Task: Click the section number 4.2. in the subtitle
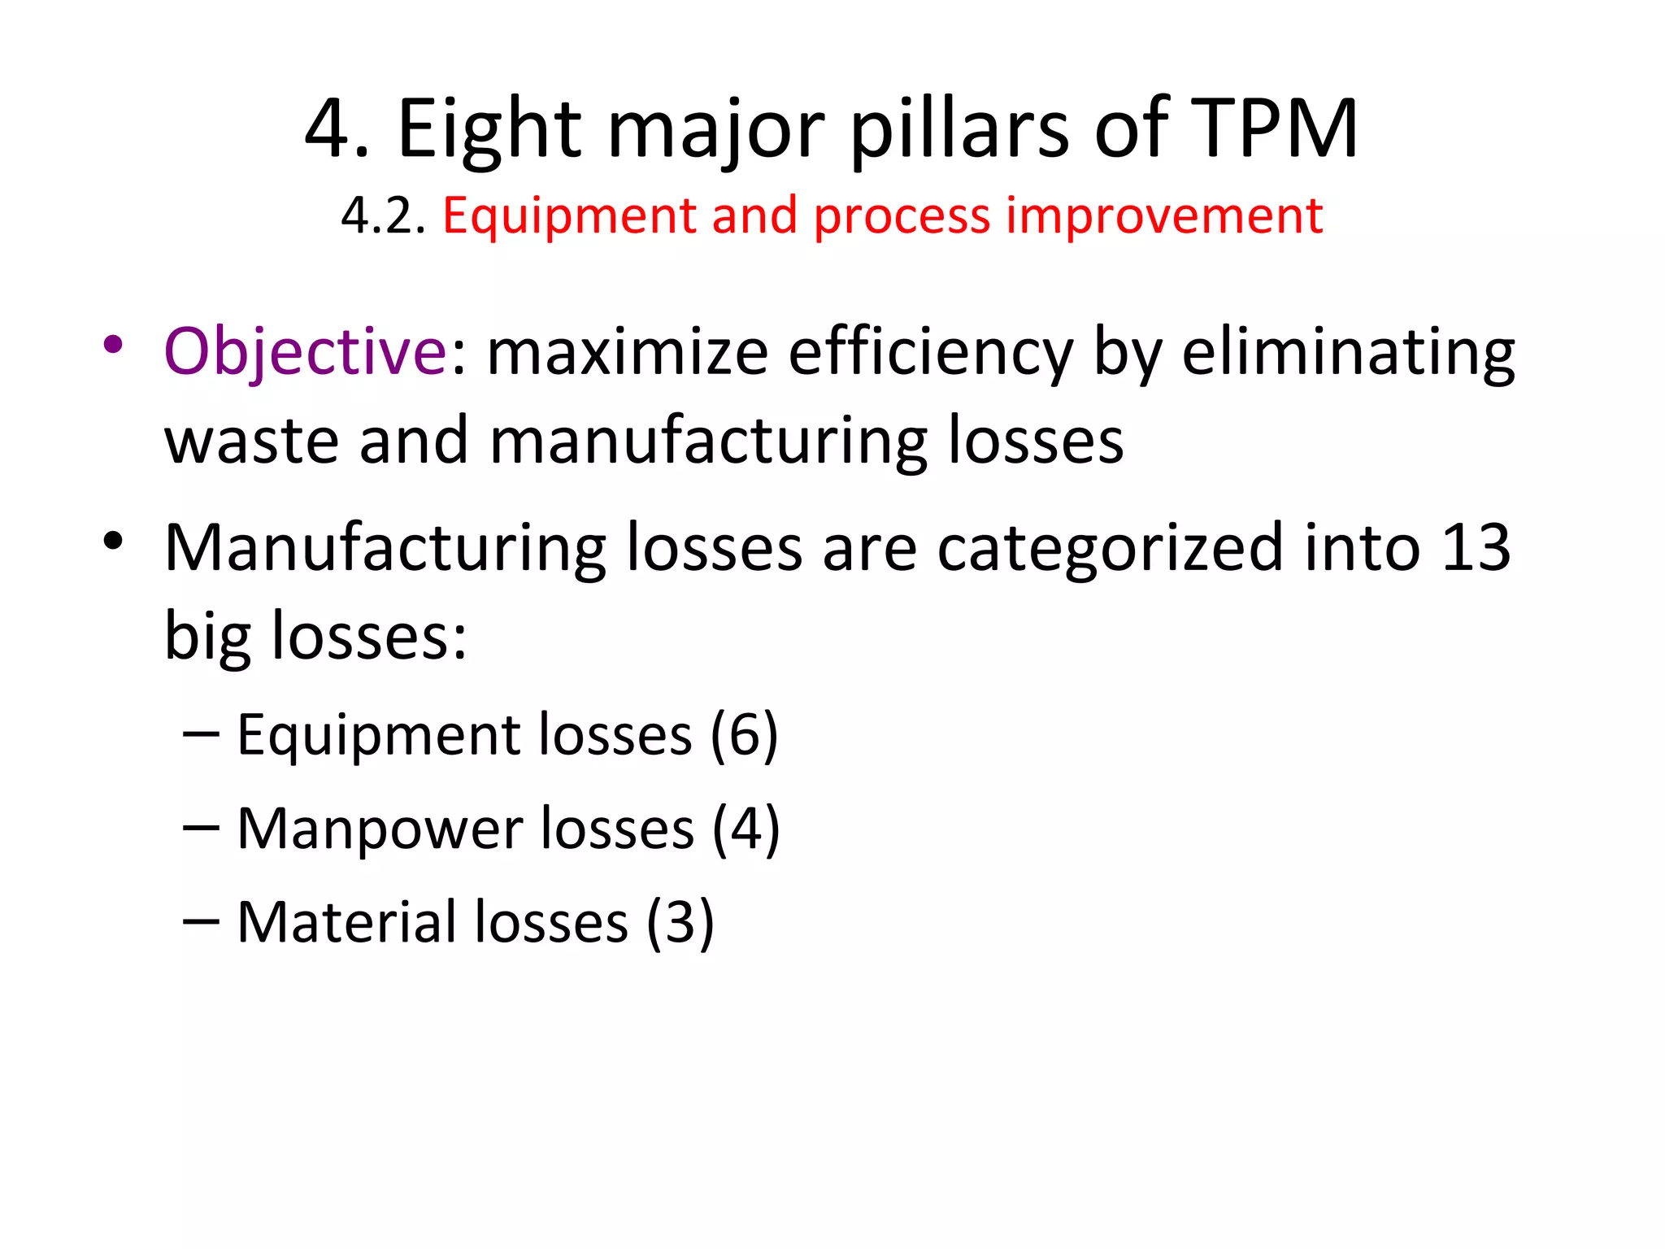pos(383,216)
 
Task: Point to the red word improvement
pos(1164,216)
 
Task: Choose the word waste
pos(251,441)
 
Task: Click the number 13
pos(1476,547)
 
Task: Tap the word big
pos(207,636)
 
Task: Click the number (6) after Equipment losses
pos(744,735)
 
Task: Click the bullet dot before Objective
pos(113,345)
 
